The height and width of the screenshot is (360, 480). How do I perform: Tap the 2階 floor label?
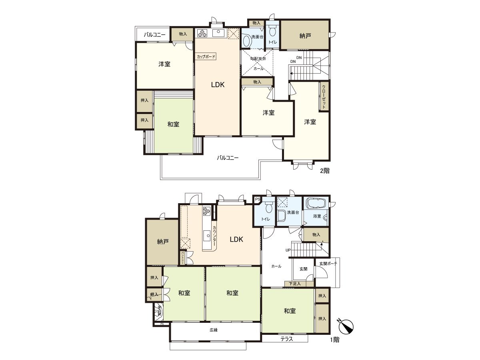click(324, 170)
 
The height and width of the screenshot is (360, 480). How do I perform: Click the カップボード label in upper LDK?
click(206, 57)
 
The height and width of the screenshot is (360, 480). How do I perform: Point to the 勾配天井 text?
click(257, 59)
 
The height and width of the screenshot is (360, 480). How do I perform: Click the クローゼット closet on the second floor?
click(324, 96)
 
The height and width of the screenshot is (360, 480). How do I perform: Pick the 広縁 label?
click(213, 330)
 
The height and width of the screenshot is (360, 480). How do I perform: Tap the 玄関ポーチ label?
click(328, 264)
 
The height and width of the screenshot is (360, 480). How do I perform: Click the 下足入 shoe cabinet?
click(295, 284)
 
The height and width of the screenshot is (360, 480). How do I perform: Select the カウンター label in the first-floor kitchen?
click(214, 236)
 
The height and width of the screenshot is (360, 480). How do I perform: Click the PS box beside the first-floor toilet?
click(257, 199)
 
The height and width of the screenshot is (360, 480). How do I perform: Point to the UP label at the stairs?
click(288, 250)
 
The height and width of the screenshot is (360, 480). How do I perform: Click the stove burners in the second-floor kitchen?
click(203, 33)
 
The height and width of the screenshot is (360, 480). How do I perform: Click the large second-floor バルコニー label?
click(228, 158)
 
